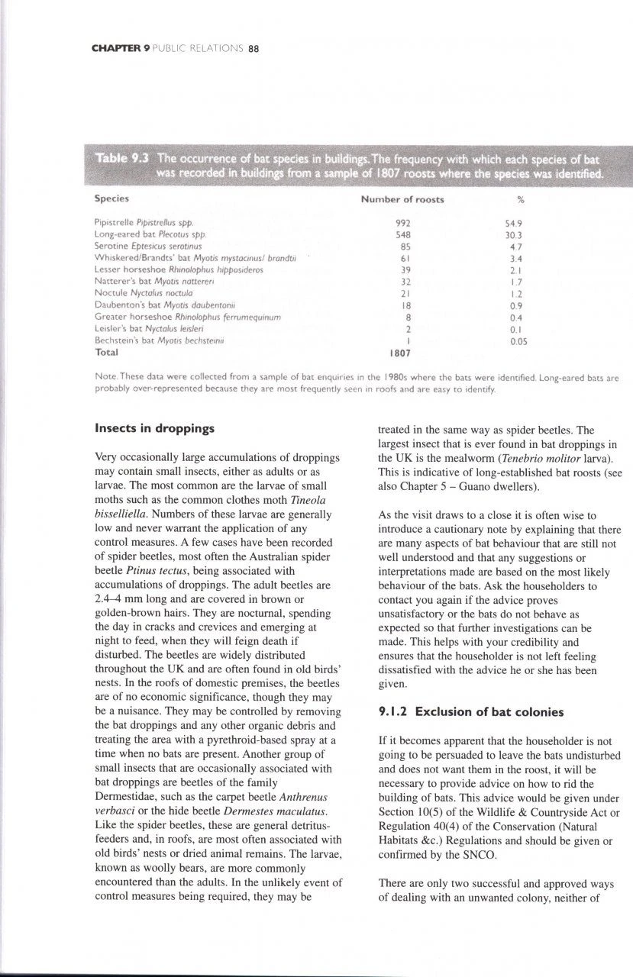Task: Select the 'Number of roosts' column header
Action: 402,199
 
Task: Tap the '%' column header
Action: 520,199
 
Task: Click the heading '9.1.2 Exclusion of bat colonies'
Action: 470,712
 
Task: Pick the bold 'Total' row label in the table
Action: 106,355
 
